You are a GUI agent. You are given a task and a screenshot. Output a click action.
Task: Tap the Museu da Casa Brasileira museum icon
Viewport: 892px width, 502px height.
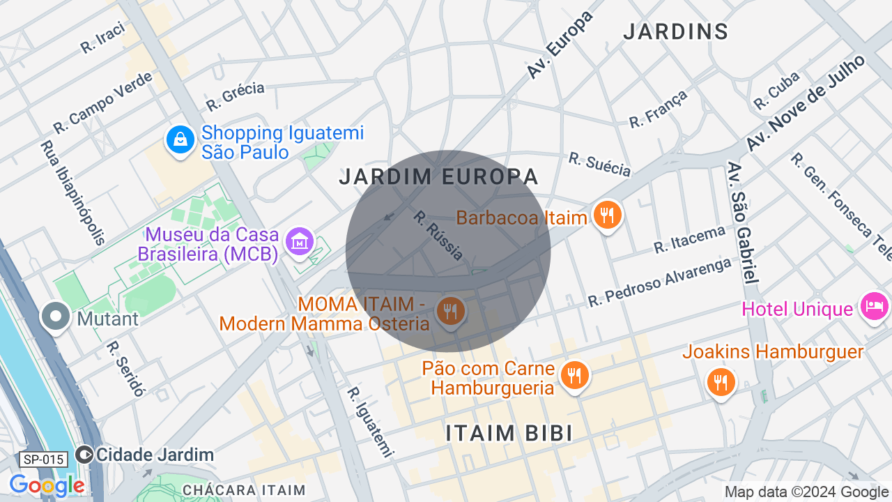[300, 241]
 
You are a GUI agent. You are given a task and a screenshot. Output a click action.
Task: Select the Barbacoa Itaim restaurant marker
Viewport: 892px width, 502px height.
[607, 215]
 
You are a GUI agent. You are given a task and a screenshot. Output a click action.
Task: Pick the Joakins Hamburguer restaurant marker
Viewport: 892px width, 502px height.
[721, 383]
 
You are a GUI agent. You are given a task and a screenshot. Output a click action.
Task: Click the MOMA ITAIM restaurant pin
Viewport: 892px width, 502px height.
[451, 311]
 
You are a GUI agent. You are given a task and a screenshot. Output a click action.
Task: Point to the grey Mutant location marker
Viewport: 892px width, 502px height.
[56, 317]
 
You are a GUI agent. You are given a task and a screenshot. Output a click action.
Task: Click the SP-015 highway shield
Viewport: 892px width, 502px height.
[44, 459]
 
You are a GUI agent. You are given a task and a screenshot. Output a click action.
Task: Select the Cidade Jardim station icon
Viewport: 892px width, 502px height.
[85, 455]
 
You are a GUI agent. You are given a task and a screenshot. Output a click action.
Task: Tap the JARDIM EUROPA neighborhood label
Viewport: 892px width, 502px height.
[439, 177]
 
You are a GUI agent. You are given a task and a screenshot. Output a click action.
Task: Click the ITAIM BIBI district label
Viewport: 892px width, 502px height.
[509, 433]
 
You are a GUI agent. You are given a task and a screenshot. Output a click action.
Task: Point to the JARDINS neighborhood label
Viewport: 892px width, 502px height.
[675, 31]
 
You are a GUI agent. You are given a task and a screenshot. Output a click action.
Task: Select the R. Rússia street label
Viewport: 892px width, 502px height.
[438, 236]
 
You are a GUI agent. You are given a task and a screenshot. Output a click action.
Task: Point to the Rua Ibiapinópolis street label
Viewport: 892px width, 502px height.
[72, 193]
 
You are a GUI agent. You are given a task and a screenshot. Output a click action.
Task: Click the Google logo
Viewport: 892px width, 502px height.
[47, 485]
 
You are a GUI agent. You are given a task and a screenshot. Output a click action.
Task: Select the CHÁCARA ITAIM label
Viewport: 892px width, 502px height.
[244, 490]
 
